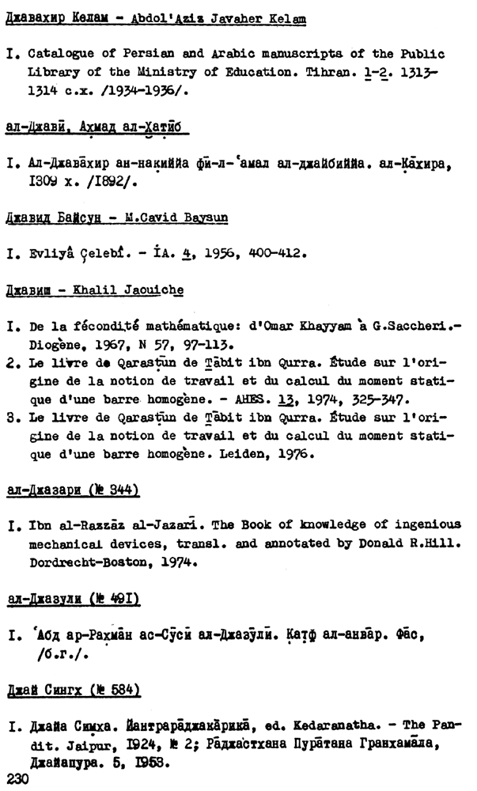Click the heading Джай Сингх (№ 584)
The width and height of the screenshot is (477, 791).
(73, 691)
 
